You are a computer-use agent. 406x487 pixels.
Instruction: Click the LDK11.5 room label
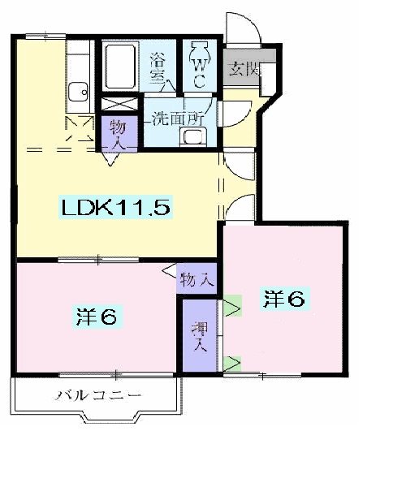pos(115,208)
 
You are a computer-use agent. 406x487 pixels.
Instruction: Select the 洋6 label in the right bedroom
pos(283,300)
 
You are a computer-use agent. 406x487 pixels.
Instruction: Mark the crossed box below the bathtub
pos(119,104)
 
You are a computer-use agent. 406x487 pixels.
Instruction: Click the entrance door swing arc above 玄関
pos(244,32)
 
